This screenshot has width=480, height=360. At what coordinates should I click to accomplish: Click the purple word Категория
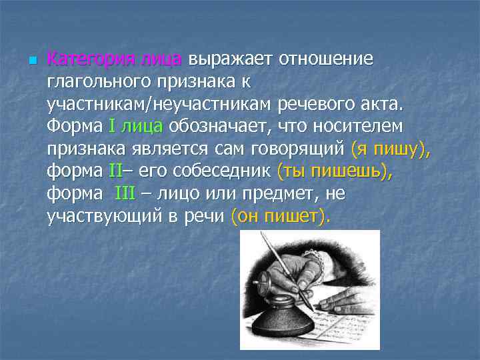coord(91,59)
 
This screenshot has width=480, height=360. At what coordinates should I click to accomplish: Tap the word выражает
coord(230,59)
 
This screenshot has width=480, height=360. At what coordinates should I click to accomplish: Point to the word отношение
coord(326,59)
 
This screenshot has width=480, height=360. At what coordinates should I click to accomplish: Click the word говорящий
coord(294,149)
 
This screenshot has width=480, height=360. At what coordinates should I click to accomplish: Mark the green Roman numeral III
coord(125,193)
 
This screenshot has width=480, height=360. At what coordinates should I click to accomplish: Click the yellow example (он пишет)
coord(279,216)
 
